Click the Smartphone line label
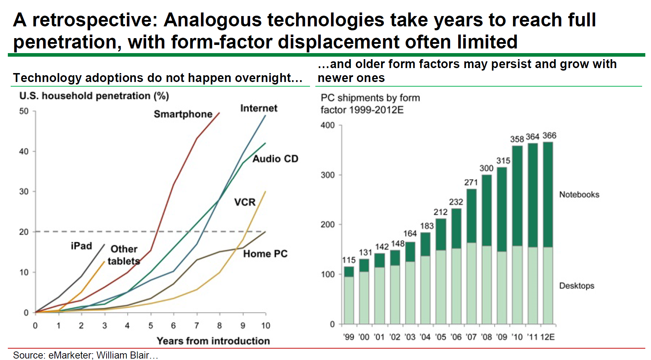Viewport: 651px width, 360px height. pyautogui.click(x=183, y=114)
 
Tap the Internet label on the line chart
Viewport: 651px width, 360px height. pyautogui.click(x=259, y=108)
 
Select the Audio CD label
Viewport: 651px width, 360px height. pyautogui.click(x=275, y=159)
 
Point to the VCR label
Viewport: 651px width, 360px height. pyautogui.click(x=245, y=202)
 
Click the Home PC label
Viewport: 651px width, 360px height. pyautogui.click(x=265, y=254)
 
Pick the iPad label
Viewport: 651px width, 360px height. pyautogui.click(x=81, y=246)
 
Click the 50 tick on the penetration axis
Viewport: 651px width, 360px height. pyautogui.click(x=24, y=111)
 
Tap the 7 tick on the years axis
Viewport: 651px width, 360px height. pyautogui.click(x=196, y=325)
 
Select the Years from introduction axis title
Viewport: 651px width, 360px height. pyautogui.click(x=213, y=341)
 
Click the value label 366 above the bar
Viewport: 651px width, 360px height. pyautogui.click(x=549, y=135)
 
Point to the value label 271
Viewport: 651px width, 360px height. pyautogui.click(x=471, y=182)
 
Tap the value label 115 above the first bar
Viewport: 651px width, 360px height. pyautogui.click(x=349, y=260)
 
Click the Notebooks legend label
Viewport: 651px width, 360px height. pyautogui.click(x=579, y=195)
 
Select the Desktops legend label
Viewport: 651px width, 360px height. pyautogui.click(x=577, y=286)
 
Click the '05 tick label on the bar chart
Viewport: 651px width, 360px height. pyautogui.click(x=440, y=337)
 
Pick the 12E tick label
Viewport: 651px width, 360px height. pyautogui.click(x=547, y=337)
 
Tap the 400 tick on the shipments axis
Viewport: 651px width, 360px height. pyautogui.click(x=327, y=125)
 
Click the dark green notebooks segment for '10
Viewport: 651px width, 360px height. pyautogui.click(x=517, y=196)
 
